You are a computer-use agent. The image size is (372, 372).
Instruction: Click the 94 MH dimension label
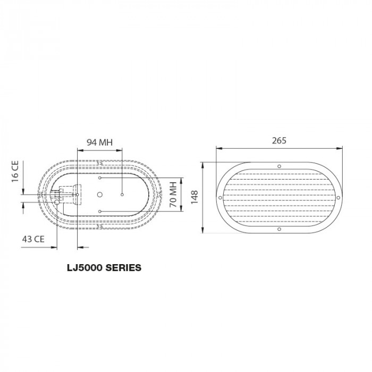(x=100, y=142)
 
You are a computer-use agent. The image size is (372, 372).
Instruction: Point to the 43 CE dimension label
(x=33, y=239)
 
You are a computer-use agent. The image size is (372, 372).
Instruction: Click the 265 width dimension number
(x=279, y=141)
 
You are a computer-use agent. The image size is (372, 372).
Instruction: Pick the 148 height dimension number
(x=195, y=197)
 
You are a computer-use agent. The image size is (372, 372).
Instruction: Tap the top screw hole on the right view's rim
(x=279, y=166)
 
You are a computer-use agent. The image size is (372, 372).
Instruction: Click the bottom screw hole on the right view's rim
(x=279, y=229)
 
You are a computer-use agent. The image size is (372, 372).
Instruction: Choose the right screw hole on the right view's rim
(x=339, y=198)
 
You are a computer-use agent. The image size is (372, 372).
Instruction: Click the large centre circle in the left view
(x=99, y=195)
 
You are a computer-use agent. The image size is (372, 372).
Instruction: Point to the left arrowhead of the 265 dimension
(x=218, y=149)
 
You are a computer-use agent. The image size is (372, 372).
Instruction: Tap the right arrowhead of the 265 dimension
(x=340, y=149)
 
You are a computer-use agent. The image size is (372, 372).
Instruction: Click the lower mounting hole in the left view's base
(x=100, y=212)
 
